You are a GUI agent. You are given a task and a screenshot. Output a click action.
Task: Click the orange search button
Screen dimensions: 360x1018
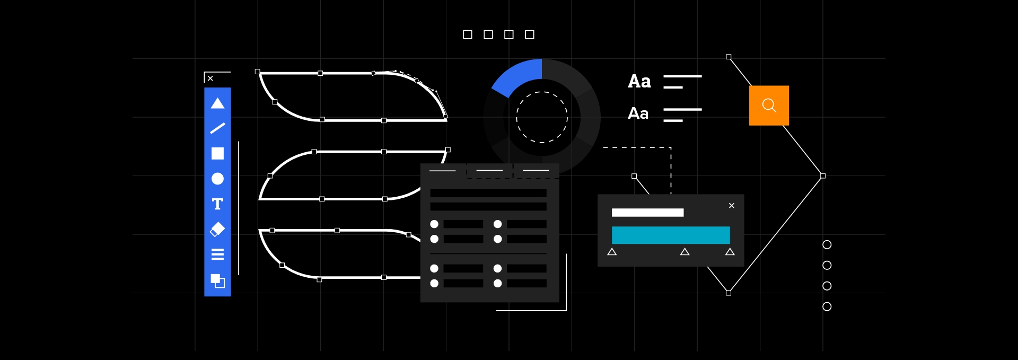769,106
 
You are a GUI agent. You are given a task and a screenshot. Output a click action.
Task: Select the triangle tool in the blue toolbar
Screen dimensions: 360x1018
217,103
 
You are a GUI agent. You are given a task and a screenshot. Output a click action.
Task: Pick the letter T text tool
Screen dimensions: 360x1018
217,204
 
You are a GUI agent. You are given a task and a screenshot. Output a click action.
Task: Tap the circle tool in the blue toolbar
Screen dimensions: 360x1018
217,179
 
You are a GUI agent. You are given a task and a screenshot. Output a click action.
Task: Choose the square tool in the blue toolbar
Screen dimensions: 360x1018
217,153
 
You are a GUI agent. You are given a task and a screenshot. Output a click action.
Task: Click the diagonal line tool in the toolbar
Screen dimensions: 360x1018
217,128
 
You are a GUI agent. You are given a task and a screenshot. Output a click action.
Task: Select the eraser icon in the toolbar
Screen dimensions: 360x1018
217,229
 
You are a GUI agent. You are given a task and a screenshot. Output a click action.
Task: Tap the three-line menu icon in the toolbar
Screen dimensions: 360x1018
217,254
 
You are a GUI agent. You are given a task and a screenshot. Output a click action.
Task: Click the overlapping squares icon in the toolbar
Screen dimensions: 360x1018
217,280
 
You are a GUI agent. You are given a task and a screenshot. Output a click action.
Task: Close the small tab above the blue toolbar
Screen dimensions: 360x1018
210,78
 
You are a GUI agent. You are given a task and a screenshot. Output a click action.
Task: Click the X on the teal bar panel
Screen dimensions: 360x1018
732,206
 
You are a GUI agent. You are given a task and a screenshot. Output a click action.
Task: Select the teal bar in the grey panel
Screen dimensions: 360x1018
671,235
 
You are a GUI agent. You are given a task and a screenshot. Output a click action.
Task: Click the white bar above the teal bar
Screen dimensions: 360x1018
647,213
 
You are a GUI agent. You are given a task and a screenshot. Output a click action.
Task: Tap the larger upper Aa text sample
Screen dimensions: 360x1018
639,82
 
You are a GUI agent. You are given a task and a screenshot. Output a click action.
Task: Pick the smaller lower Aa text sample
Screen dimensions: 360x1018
638,113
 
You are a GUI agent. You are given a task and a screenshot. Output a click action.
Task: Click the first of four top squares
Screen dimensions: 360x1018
468,34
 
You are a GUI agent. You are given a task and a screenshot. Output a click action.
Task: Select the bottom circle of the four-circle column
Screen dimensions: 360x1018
827,306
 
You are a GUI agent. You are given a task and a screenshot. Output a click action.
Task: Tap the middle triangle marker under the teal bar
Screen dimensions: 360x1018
684,252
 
